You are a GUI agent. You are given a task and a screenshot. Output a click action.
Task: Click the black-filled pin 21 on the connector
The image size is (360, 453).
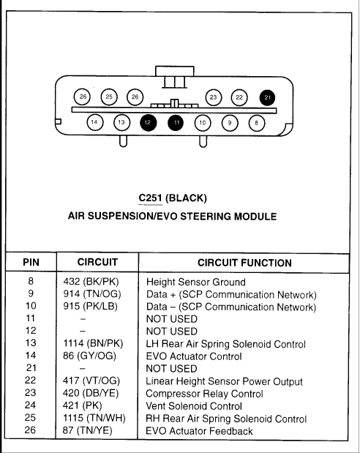click(x=267, y=97)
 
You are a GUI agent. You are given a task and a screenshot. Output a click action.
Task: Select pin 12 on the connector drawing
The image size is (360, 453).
click(x=149, y=122)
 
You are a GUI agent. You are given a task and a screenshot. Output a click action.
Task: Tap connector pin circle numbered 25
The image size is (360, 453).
click(x=109, y=97)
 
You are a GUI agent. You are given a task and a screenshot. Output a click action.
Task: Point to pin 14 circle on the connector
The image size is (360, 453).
click(x=95, y=122)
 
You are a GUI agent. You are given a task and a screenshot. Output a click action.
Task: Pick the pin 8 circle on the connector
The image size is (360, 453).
click(x=257, y=123)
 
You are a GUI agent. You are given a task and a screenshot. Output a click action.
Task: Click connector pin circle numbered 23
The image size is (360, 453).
click(x=214, y=97)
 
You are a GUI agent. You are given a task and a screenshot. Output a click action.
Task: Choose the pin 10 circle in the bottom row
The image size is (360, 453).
click(x=202, y=123)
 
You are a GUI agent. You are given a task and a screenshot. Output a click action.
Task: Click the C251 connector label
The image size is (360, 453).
click(x=150, y=198)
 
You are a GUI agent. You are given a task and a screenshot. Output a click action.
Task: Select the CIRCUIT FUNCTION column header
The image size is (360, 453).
click(x=244, y=263)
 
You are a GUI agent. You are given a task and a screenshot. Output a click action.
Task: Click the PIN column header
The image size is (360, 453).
click(x=31, y=262)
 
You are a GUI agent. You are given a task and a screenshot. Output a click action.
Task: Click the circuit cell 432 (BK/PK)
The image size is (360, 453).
click(x=91, y=282)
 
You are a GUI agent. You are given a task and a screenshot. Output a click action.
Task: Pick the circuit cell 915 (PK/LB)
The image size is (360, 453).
click(x=91, y=306)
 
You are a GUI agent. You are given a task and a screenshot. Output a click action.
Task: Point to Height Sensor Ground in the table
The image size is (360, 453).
click(x=196, y=282)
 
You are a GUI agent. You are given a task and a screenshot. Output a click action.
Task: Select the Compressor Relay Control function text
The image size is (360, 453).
click(x=204, y=394)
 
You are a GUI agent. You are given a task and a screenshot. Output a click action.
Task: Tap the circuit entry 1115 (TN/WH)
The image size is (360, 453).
click(x=94, y=418)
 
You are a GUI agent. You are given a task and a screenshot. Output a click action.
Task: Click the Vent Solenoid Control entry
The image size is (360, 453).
click(x=194, y=406)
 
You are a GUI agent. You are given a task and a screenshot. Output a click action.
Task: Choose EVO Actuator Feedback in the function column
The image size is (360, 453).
click(x=199, y=431)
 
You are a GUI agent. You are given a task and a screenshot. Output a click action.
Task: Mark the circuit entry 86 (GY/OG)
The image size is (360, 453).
click(x=89, y=356)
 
